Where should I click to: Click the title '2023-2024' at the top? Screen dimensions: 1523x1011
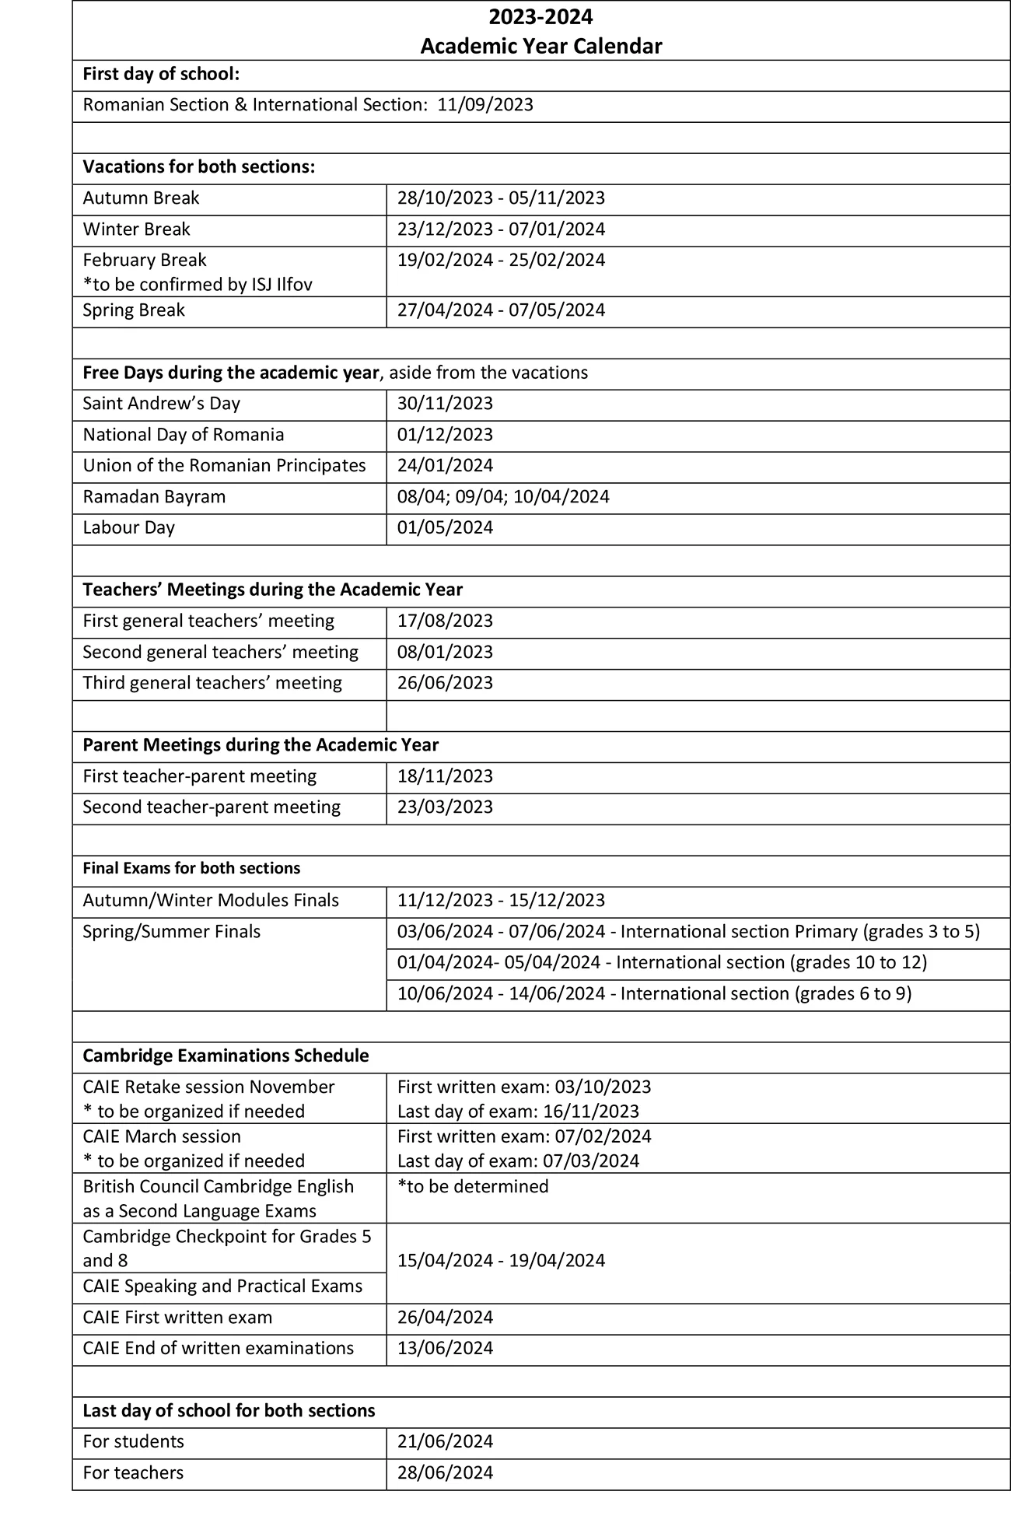(x=540, y=16)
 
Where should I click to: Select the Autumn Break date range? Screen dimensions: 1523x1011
(x=500, y=198)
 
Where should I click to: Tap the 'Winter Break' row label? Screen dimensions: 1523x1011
(x=136, y=229)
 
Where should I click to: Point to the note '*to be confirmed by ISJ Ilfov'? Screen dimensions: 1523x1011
(x=198, y=285)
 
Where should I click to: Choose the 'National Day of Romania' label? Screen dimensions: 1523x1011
(x=184, y=435)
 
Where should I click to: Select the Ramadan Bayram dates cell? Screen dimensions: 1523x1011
(x=502, y=497)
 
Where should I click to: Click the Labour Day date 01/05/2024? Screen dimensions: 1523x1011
(x=445, y=528)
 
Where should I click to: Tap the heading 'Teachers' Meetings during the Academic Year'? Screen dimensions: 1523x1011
(x=272, y=590)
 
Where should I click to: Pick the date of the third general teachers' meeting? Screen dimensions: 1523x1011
(x=445, y=684)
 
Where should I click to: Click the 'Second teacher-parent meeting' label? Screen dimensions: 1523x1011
(x=212, y=807)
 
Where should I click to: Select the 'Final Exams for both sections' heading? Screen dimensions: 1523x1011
(x=191, y=869)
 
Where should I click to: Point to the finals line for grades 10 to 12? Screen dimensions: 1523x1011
(x=662, y=963)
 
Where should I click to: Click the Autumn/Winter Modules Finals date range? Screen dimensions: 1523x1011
(x=500, y=901)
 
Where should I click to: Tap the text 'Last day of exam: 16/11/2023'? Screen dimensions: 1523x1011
(x=518, y=1112)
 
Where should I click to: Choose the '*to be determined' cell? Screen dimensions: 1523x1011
(x=473, y=1187)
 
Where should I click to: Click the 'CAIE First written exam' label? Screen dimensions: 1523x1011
(x=177, y=1318)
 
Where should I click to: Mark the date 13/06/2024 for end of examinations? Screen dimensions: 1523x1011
(x=445, y=1349)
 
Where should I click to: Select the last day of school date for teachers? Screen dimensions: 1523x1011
(x=445, y=1473)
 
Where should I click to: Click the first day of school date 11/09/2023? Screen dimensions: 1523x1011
(x=485, y=105)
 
